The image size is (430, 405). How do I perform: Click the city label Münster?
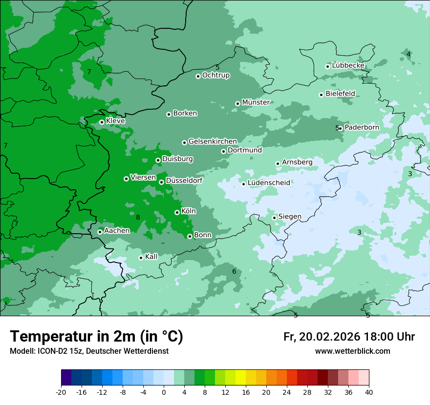click(256, 102)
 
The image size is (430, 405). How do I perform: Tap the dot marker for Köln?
click(177, 212)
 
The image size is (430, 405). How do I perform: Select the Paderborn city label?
click(362, 127)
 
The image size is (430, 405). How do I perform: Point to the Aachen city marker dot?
click(100, 232)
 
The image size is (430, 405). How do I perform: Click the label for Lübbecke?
click(348, 65)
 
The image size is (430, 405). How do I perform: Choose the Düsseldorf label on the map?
click(184, 181)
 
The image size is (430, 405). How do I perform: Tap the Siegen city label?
click(290, 217)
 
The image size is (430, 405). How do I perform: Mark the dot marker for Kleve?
click(102, 122)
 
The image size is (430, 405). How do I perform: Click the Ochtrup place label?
click(215, 75)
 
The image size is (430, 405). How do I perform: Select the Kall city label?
click(151, 257)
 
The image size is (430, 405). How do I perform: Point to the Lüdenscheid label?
click(269, 183)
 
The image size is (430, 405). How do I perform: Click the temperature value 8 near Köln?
click(138, 218)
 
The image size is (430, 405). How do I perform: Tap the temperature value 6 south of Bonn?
click(234, 272)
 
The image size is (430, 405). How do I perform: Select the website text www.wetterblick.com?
click(352, 351)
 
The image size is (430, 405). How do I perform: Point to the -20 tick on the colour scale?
click(61, 392)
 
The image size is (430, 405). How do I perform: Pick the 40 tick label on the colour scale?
click(369, 392)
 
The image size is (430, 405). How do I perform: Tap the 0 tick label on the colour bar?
click(163, 392)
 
